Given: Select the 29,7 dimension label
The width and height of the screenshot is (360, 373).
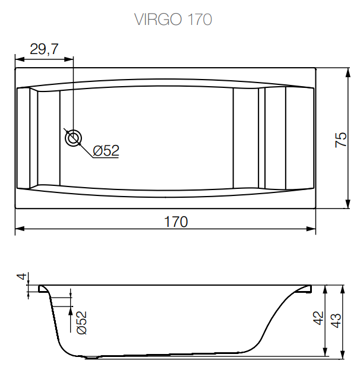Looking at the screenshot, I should [44, 50].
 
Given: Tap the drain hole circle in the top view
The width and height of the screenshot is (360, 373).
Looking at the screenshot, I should [74, 138].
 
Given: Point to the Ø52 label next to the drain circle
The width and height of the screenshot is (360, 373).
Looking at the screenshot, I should [106, 151].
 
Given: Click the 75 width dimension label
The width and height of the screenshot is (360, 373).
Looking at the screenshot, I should [340, 139].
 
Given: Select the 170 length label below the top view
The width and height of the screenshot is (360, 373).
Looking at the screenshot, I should [176, 222].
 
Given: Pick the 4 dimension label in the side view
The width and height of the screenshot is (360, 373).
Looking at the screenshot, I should [21, 277].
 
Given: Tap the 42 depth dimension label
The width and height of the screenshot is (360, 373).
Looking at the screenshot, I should [318, 318].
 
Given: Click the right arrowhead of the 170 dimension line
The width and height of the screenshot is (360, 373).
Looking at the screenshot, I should [312, 229].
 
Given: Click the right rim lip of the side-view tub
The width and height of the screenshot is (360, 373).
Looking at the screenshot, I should [305, 289].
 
